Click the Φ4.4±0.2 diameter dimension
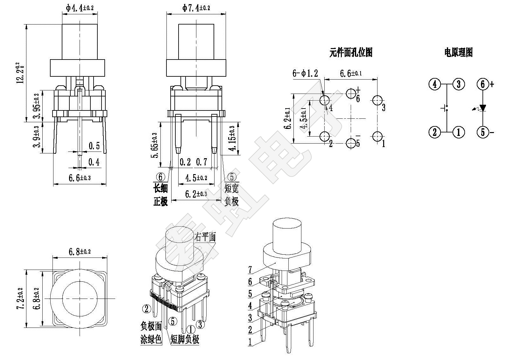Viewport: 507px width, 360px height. pyautogui.click(x=80, y=8)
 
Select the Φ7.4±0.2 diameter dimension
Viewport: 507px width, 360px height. pyautogui.click(x=196, y=8)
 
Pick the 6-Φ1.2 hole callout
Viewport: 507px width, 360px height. pyautogui.click(x=305, y=73)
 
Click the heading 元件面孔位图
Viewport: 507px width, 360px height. pyautogui.click(x=351, y=53)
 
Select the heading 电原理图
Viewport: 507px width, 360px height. pyautogui.click(x=458, y=53)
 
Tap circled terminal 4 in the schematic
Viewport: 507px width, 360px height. pyautogui.click(x=435, y=84)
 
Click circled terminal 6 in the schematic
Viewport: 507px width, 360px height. pyautogui.click(x=482, y=84)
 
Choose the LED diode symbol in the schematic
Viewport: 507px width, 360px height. pyautogui.click(x=482, y=108)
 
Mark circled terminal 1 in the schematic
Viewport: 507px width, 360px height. pyautogui.click(x=459, y=132)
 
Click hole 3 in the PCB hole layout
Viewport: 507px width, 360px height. pyautogui.click(x=377, y=100)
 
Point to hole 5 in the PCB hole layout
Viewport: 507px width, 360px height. pyautogui.click(x=351, y=143)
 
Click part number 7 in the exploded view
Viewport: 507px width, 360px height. pyautogui.click(x=250, y=270)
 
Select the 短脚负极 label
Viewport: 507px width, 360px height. pyautogui.click(x=185, y=339)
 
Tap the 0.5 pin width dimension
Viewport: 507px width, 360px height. pyautogui.click(x=94, y=146)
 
